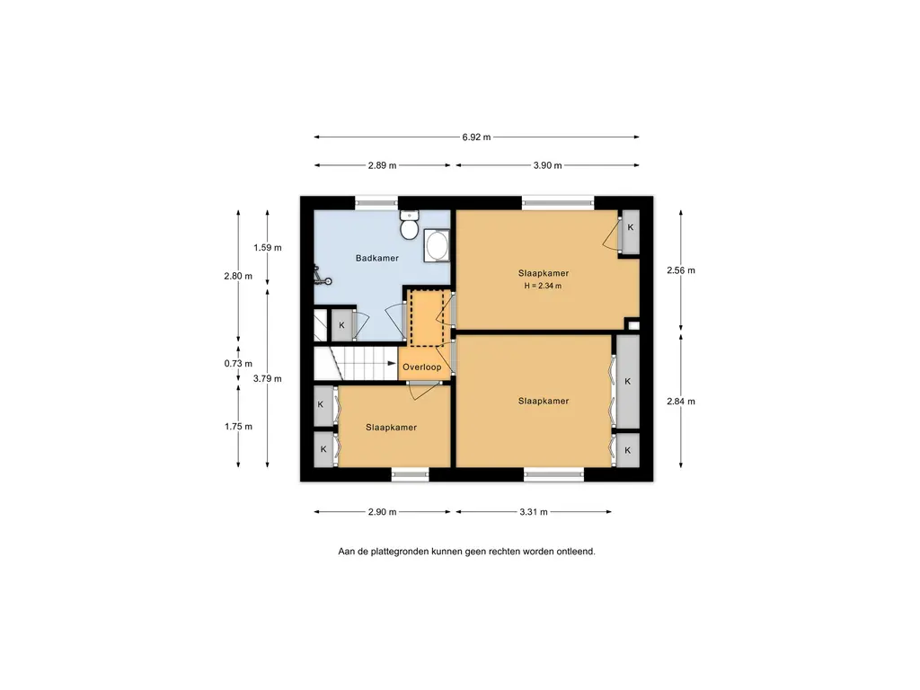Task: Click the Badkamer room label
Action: click(x=376, y=258)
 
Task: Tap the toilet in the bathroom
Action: click(x=409, y=225)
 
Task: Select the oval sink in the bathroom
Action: click(x=437, y=246)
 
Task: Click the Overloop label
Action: click(x=422, y=367)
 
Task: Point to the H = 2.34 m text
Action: click(x=543, y=287)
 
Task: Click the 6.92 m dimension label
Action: click(x=476, y=137)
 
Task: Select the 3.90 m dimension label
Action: click(x=547, y=165)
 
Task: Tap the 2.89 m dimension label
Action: click(x=382, y=165)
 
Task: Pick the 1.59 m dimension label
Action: click(x=268, y=248)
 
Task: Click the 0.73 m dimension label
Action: click(x=238, y=364)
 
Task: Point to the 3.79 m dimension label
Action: click(x=268, y=379)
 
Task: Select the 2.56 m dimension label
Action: click(x=681, y=270)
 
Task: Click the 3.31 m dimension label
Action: click(x=534, y=512)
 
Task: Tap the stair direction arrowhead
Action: click(x=392, y=364)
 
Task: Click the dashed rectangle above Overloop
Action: click(x=427, y=317)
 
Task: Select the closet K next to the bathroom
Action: click(x=342, y=325)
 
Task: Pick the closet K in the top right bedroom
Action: click(x=631, y=232)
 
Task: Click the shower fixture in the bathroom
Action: click(x=321, y=277)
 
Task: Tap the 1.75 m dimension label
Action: click(x=238, y=427)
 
